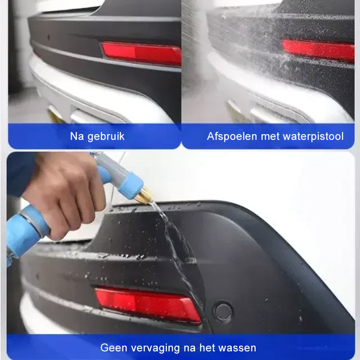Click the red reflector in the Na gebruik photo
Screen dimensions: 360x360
141,53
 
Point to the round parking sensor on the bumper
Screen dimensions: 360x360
222,310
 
